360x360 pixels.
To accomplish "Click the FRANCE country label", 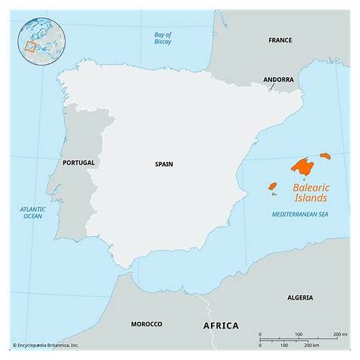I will [x=280, y=40].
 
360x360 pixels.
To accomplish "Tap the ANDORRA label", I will [x=278, y=79].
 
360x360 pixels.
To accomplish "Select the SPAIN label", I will [x=163, y=164].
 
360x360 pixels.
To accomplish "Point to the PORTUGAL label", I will [x=78, y=163].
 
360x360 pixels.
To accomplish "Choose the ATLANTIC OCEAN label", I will [x=32, y=212].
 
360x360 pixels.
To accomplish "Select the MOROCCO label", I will [x=146, y=324].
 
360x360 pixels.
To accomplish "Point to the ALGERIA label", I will [x=300, y=297].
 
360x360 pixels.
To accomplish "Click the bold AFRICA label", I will [x=220, y=326].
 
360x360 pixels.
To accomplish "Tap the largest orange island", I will [x=304, y=166].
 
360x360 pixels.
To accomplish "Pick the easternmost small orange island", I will [x=325, y=156].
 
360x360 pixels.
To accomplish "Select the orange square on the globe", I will [x=30, y=47].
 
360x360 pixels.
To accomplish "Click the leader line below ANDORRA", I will [x=273, y=87].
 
